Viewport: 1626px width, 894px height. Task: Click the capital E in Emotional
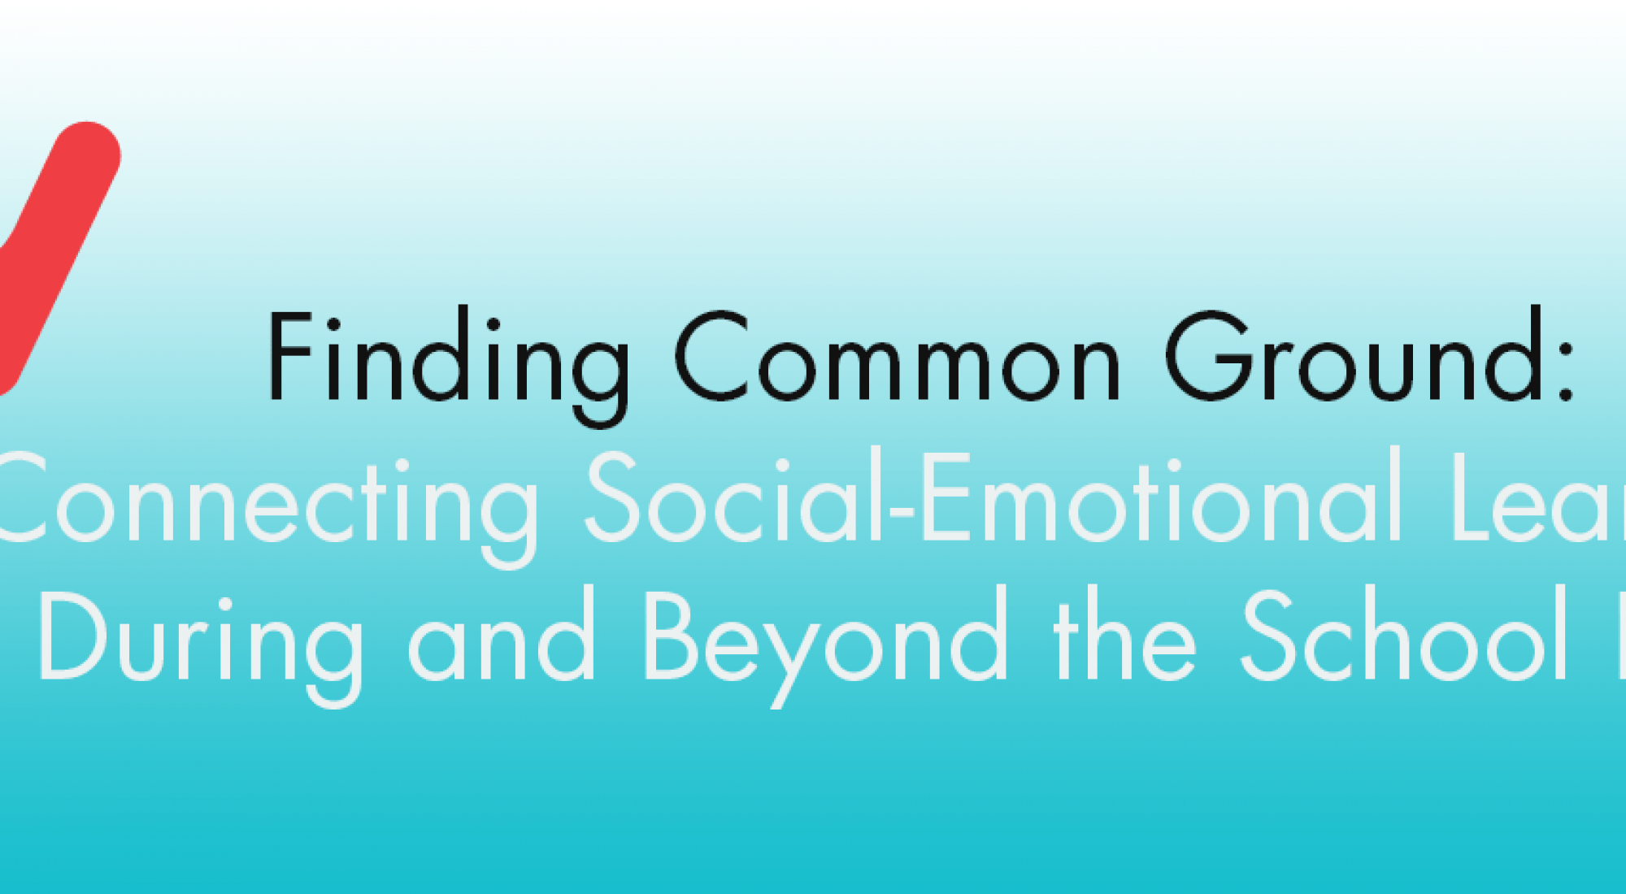946,497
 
